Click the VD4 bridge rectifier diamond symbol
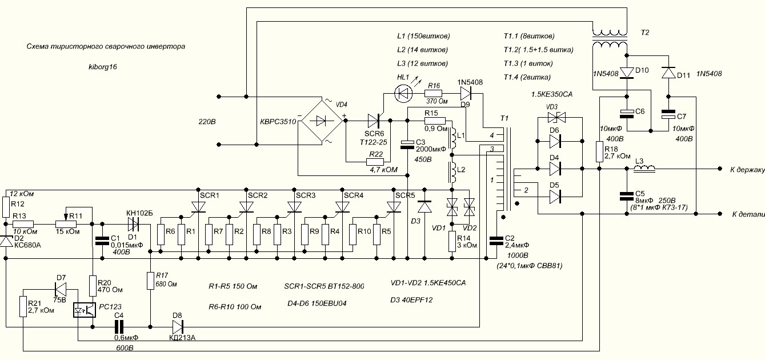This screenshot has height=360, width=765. tap(321, 121)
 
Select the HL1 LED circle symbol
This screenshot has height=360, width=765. tap(403, 93)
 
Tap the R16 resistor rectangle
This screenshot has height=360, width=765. tap(434, 93)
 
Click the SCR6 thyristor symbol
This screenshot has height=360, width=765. tap(374, 121)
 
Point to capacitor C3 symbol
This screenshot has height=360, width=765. tap(407, 145)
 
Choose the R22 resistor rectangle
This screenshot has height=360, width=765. tap(376, 162)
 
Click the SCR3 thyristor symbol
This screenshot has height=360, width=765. tap(294, 207)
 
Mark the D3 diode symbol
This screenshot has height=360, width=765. tap(425, 207)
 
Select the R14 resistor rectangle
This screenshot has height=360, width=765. tap(452, 241)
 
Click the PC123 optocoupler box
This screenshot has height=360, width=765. tap(85, 310)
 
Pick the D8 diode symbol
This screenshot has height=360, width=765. tap(178, 327)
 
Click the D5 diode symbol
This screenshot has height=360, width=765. tap(555, 197)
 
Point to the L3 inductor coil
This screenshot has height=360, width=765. tap(644, 168)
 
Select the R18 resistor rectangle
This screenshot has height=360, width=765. tap(599, 151)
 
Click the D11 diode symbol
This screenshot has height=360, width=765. tap(668, 73)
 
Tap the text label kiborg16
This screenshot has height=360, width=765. tap(103, 67)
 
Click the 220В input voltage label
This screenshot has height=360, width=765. tap(207, 122)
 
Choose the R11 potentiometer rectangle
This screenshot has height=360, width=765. tap(66, 224)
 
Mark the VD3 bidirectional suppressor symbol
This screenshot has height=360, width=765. tap(556, 118)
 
